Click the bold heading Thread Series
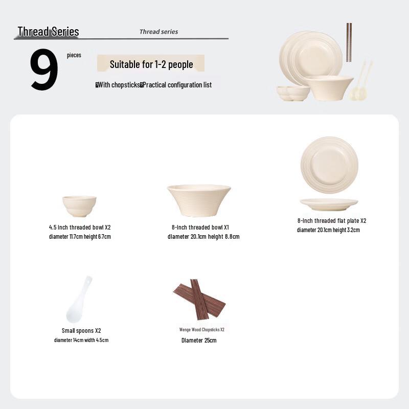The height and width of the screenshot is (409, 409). click(x=48, y=31)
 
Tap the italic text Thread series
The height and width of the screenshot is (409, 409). click(x=158, y=32)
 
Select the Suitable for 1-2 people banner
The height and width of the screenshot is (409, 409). click(x=151, y=64)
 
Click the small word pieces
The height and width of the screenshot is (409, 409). click(x=74, y=55)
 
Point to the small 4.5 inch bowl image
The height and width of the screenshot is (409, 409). click(x=79, y=206)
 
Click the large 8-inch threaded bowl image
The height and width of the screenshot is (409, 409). click(x=198, y=200)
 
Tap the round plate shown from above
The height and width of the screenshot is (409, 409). click(x=329, y=165)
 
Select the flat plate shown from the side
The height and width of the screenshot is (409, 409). click(x=329, y=204)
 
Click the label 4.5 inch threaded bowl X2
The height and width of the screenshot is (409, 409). click(x=80, y=227)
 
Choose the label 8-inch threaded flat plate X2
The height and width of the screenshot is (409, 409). click(x=332, y=221)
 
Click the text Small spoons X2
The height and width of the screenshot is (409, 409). click(x=81, y=331)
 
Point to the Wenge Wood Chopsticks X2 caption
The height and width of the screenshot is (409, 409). click(x=201, y=330)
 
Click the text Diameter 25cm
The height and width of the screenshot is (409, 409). click(x=199, y=340)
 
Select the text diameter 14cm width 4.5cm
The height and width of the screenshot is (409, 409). click(x=81, y=340)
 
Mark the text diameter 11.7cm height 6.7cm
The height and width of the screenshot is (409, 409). click(x=80, y=237)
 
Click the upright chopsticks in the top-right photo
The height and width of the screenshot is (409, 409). click(x=349, y=42)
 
